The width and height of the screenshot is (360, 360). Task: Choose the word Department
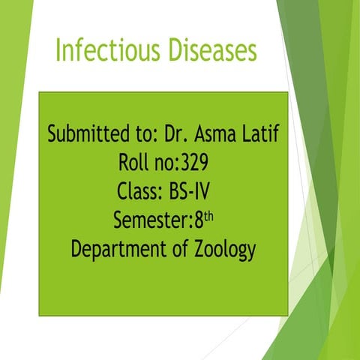click(120, 250)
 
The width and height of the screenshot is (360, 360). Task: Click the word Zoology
click(225, 250)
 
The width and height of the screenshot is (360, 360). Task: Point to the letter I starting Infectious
click(60, 50)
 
